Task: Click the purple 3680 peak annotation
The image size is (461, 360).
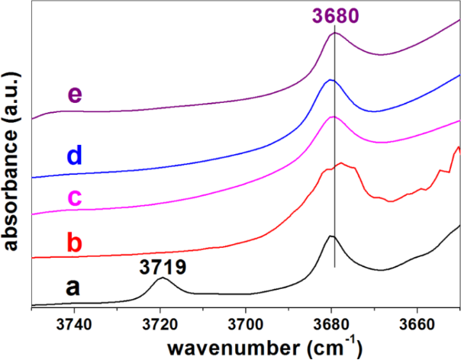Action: click(335, 14)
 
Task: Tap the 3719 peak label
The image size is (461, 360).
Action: click(162, 267)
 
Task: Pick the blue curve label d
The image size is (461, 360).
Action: click(74, 156)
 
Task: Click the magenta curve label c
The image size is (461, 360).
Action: click(74, 198)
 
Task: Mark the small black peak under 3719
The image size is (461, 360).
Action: click(162, 278)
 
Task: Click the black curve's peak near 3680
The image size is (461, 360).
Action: click(331, 236)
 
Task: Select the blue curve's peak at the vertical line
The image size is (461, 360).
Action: click(330, 80)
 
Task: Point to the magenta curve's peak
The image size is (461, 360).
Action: click(333, 117)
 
